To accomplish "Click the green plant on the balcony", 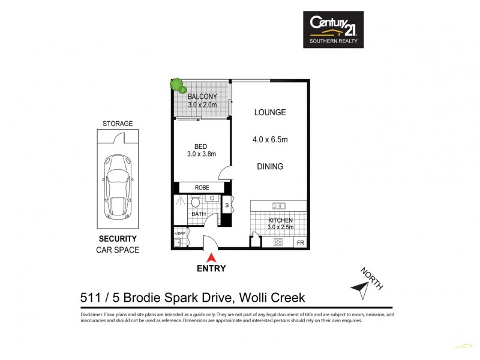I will (x=177, y=85).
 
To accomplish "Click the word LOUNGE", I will (x=269, y=112).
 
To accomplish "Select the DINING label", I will (x=269, y=167).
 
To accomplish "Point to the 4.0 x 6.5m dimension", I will (x=270, y=140).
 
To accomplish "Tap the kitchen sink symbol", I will (x=278, y=206).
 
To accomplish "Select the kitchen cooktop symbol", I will (x=278, y=242).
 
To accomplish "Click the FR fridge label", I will (x=300, y=244).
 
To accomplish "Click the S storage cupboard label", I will (x=226, y=206).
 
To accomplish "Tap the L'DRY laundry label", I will (x=179, y=234).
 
